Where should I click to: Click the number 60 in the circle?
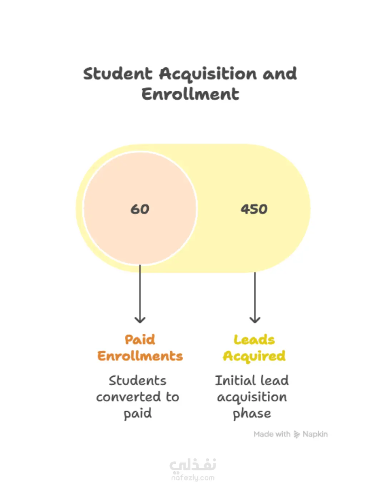140,209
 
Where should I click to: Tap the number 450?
254,209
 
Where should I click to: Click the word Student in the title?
118,74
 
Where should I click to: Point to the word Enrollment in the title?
190,94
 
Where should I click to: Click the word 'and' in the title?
280,74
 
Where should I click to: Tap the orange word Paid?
140,340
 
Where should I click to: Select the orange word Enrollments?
140,356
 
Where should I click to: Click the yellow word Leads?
254,340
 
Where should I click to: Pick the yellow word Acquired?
254,356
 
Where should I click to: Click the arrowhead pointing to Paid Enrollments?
140,319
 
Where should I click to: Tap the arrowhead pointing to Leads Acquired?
255,319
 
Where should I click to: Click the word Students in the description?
138,381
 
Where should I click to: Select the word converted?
128,397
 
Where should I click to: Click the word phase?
252,414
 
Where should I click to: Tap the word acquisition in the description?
252,397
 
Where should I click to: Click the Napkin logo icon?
297,434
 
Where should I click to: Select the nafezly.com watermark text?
193,478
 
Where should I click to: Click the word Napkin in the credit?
315,434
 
